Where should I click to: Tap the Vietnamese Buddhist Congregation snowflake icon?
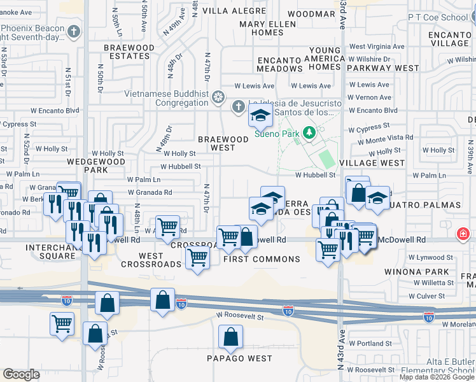click(x=218, y=98)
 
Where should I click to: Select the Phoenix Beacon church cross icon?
click(x=74, y=31)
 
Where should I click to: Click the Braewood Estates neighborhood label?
click(x=130, y=52)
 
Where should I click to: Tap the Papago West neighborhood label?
click(x=239, y=358)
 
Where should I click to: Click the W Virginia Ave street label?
click(x=375, y=46)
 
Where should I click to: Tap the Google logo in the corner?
click(x=21, y=374)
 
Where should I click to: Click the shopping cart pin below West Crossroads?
click(x=197, y=258)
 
